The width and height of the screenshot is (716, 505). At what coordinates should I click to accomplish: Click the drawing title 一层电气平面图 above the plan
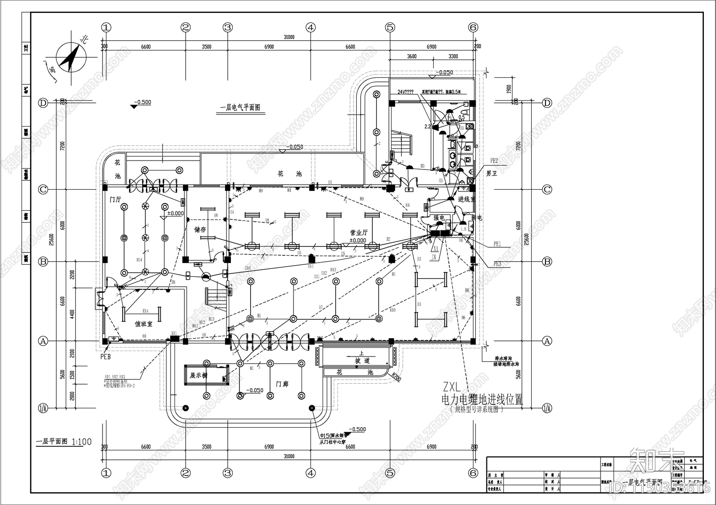(240, 108)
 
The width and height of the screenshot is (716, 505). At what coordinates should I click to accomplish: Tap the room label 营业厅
(358, 233)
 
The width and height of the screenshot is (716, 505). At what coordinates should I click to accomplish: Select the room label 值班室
(144, 323)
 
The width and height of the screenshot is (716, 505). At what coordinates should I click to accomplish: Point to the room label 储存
(200, 229)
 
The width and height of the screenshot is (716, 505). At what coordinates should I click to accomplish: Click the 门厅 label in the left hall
(115, 199)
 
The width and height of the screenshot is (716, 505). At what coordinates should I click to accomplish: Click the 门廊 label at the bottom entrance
(282, 384)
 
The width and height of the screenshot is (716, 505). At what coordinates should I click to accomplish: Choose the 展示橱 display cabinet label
(199, 375)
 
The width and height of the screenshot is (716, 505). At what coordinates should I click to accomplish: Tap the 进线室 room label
(467, 199)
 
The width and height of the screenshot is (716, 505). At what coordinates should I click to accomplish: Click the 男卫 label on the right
(491, 173)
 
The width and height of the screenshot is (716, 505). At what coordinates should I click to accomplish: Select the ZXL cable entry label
(452, 387)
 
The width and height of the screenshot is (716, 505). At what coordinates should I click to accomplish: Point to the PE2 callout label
(494, 160)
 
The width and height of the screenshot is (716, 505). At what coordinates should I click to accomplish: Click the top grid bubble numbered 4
(311, 27)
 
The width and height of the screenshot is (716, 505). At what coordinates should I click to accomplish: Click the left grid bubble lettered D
(43, 103)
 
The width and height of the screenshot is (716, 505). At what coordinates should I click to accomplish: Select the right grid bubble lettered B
(547, 262)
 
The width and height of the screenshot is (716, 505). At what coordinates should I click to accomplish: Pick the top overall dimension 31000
(289, 38)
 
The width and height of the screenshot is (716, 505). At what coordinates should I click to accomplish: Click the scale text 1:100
(81, 442)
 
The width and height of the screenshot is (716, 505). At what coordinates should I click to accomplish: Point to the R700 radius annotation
(396, 377)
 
